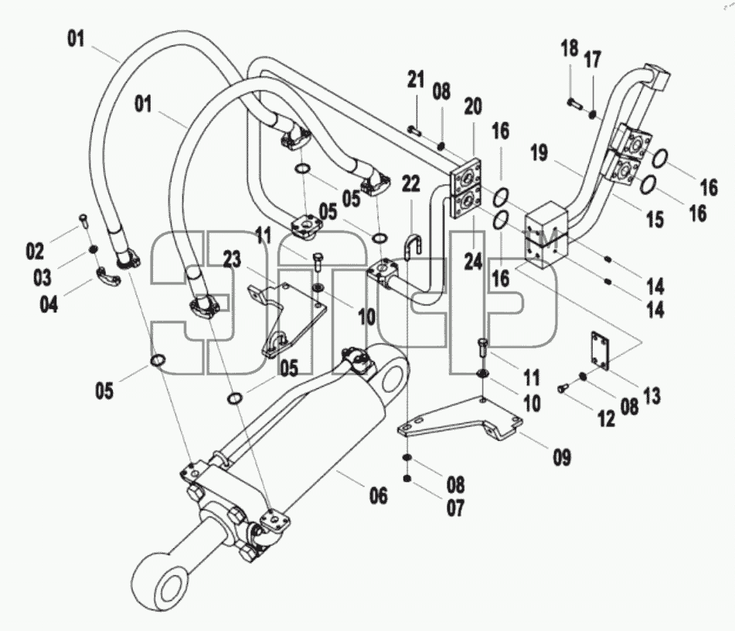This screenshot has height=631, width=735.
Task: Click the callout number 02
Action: pos(35,251)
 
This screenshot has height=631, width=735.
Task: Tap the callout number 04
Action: pos(49,305)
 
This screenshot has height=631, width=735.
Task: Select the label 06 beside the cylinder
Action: pos(378,496)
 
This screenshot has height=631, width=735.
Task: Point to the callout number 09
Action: pos(562,457)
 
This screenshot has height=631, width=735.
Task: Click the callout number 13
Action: pos(652,395)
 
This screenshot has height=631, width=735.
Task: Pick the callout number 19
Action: pos(539,153)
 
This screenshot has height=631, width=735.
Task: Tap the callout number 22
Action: pos(411,184)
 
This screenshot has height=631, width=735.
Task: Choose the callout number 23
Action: pos(232,260)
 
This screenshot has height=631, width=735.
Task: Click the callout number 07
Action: pos(455,508)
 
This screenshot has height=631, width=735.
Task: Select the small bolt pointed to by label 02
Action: pos(83,220)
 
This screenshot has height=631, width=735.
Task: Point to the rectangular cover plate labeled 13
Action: pos(601,351)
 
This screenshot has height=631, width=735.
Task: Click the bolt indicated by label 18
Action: pos(575,102)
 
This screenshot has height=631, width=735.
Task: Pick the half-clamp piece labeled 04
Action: pos(108,276)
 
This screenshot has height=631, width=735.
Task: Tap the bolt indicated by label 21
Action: pos(414,131)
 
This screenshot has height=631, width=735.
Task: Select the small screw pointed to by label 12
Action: pos(563,388)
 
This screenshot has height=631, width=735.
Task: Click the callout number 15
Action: pos(655,219)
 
